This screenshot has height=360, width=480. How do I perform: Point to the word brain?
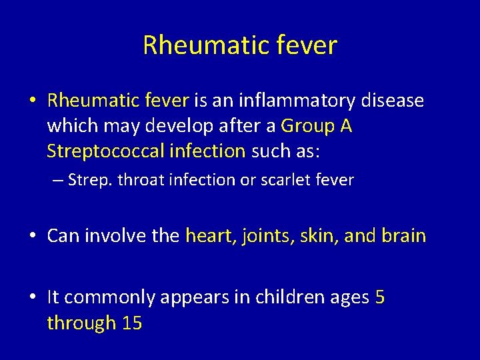coord(403,236)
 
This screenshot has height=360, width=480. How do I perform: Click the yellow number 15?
coord(133,323)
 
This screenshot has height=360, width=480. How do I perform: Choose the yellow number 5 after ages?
coord(379,297)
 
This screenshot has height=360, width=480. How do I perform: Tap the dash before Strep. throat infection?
coord(59,181)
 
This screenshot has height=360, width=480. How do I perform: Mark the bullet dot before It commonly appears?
coord(32,298)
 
